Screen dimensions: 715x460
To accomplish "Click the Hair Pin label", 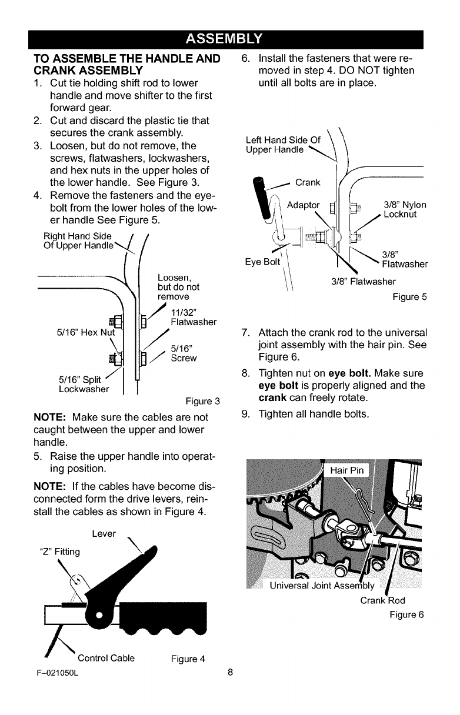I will [x=348, y=470].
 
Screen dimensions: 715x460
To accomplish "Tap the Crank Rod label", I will [x=382, y=600].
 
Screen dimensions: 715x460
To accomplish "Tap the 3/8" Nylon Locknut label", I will [x=405, y=210].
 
